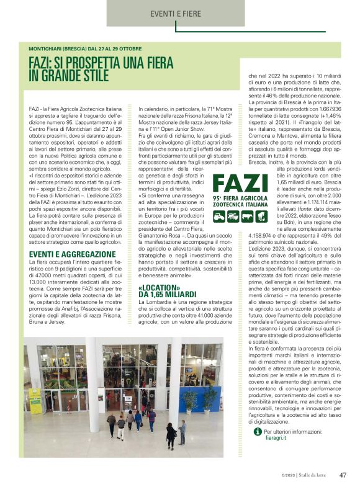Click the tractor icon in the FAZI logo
(219, 217)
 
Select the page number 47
(343, 476)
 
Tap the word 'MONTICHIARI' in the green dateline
(50, 48)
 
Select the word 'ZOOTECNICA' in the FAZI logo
(230, 204)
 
